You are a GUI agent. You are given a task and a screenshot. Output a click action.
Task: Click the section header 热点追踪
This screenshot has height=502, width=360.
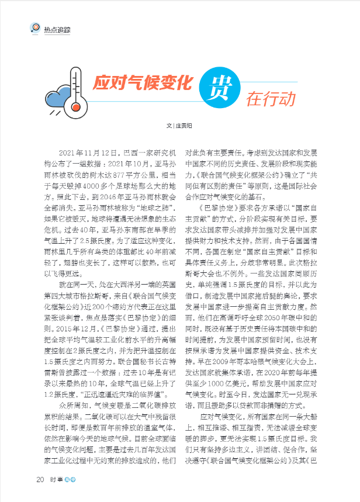[57, 28]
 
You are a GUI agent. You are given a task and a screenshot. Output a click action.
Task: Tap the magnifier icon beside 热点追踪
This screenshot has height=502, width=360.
[36, 27]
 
